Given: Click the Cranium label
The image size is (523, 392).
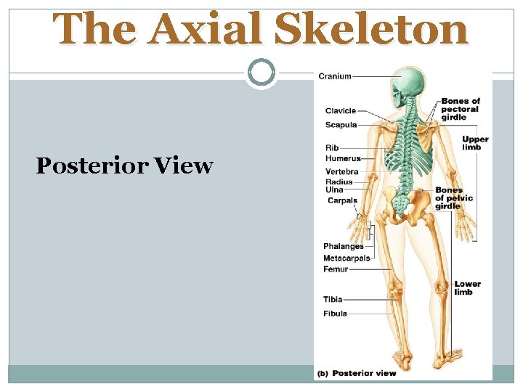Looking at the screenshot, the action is [x=335, y=76].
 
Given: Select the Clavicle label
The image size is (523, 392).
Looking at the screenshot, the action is [x=341, y=111].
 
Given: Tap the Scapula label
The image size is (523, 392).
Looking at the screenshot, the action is [x=341, y=125].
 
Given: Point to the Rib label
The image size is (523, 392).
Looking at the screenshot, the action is [x=332, y=148].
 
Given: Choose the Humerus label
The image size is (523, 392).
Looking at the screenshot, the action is [x=343, y=158].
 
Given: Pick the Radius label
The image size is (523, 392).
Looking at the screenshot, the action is [x=339, y=182].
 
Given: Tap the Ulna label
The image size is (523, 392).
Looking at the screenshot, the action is [x=334, y=190].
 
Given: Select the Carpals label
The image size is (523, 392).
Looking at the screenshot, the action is [x=342, y=200].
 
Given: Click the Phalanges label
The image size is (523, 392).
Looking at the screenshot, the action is [x=344, y=247].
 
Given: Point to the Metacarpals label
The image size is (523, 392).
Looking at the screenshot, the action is [x=347, y=258].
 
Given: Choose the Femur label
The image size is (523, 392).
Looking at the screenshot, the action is [x=336, y=269].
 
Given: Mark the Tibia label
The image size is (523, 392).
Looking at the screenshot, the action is [x=333, y=299].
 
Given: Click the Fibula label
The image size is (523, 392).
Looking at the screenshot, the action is [x=335, y=314].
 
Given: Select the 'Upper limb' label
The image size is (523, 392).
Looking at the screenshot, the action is [x=475, y=143].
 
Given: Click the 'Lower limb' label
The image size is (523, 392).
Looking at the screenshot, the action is [x=468, y=287].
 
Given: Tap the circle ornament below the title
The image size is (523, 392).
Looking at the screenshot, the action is [x=261, y=73].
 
